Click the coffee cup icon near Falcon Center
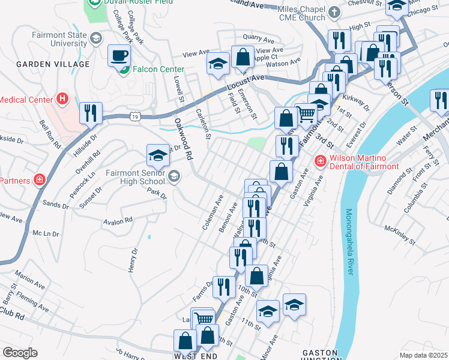[118, 56]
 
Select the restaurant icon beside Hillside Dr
[91, 113]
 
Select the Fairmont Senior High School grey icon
[174, 176]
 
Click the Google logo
[20, 352]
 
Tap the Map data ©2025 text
[423, 355]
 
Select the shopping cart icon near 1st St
[307, 113]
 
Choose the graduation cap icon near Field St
[218, 63]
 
